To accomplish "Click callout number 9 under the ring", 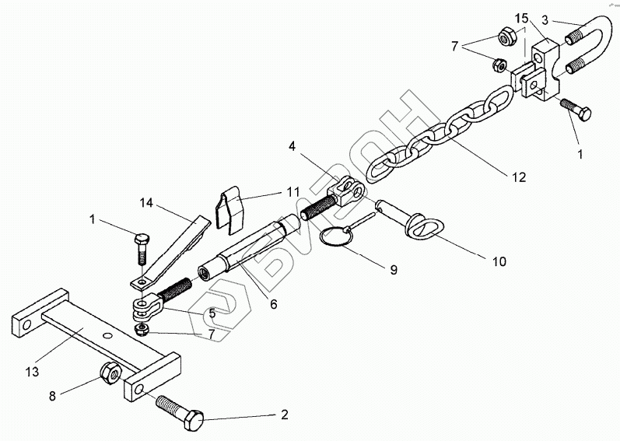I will coord(393,270).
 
